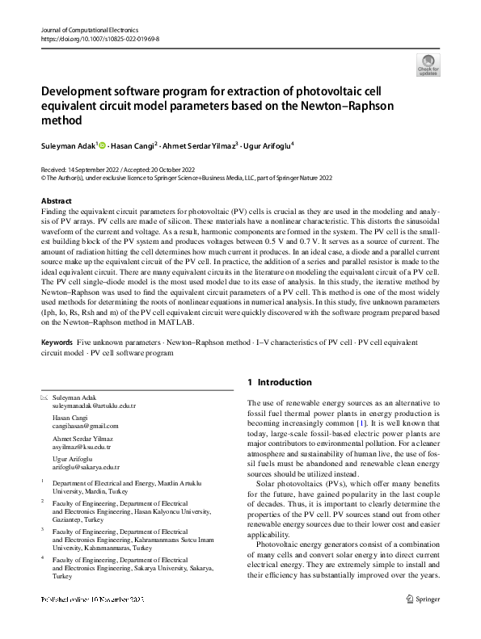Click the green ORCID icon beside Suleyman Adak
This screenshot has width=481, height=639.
(103, 145)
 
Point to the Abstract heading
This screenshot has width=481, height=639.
(56, 200)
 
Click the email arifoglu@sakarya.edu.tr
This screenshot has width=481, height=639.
(86, 467)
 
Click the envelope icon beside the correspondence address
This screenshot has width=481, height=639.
(44, 399)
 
